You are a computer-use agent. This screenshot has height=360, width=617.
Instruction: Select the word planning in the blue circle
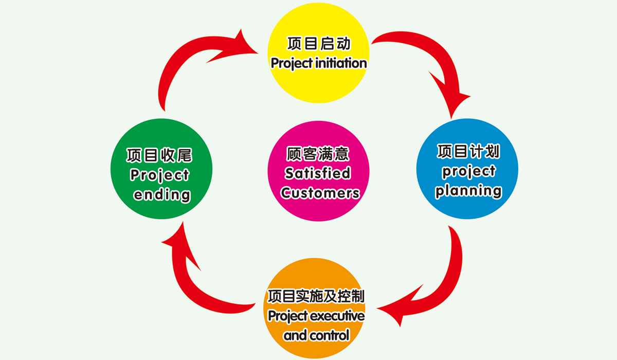tap(468, 191)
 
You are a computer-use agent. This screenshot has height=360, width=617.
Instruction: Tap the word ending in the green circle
tap(161, 195)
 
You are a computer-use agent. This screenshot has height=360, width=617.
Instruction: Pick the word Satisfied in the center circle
tap(318, 173)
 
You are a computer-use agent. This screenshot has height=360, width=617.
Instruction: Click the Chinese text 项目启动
tap(318, 43)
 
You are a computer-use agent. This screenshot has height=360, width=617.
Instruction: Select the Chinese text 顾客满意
tap(318, 154)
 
